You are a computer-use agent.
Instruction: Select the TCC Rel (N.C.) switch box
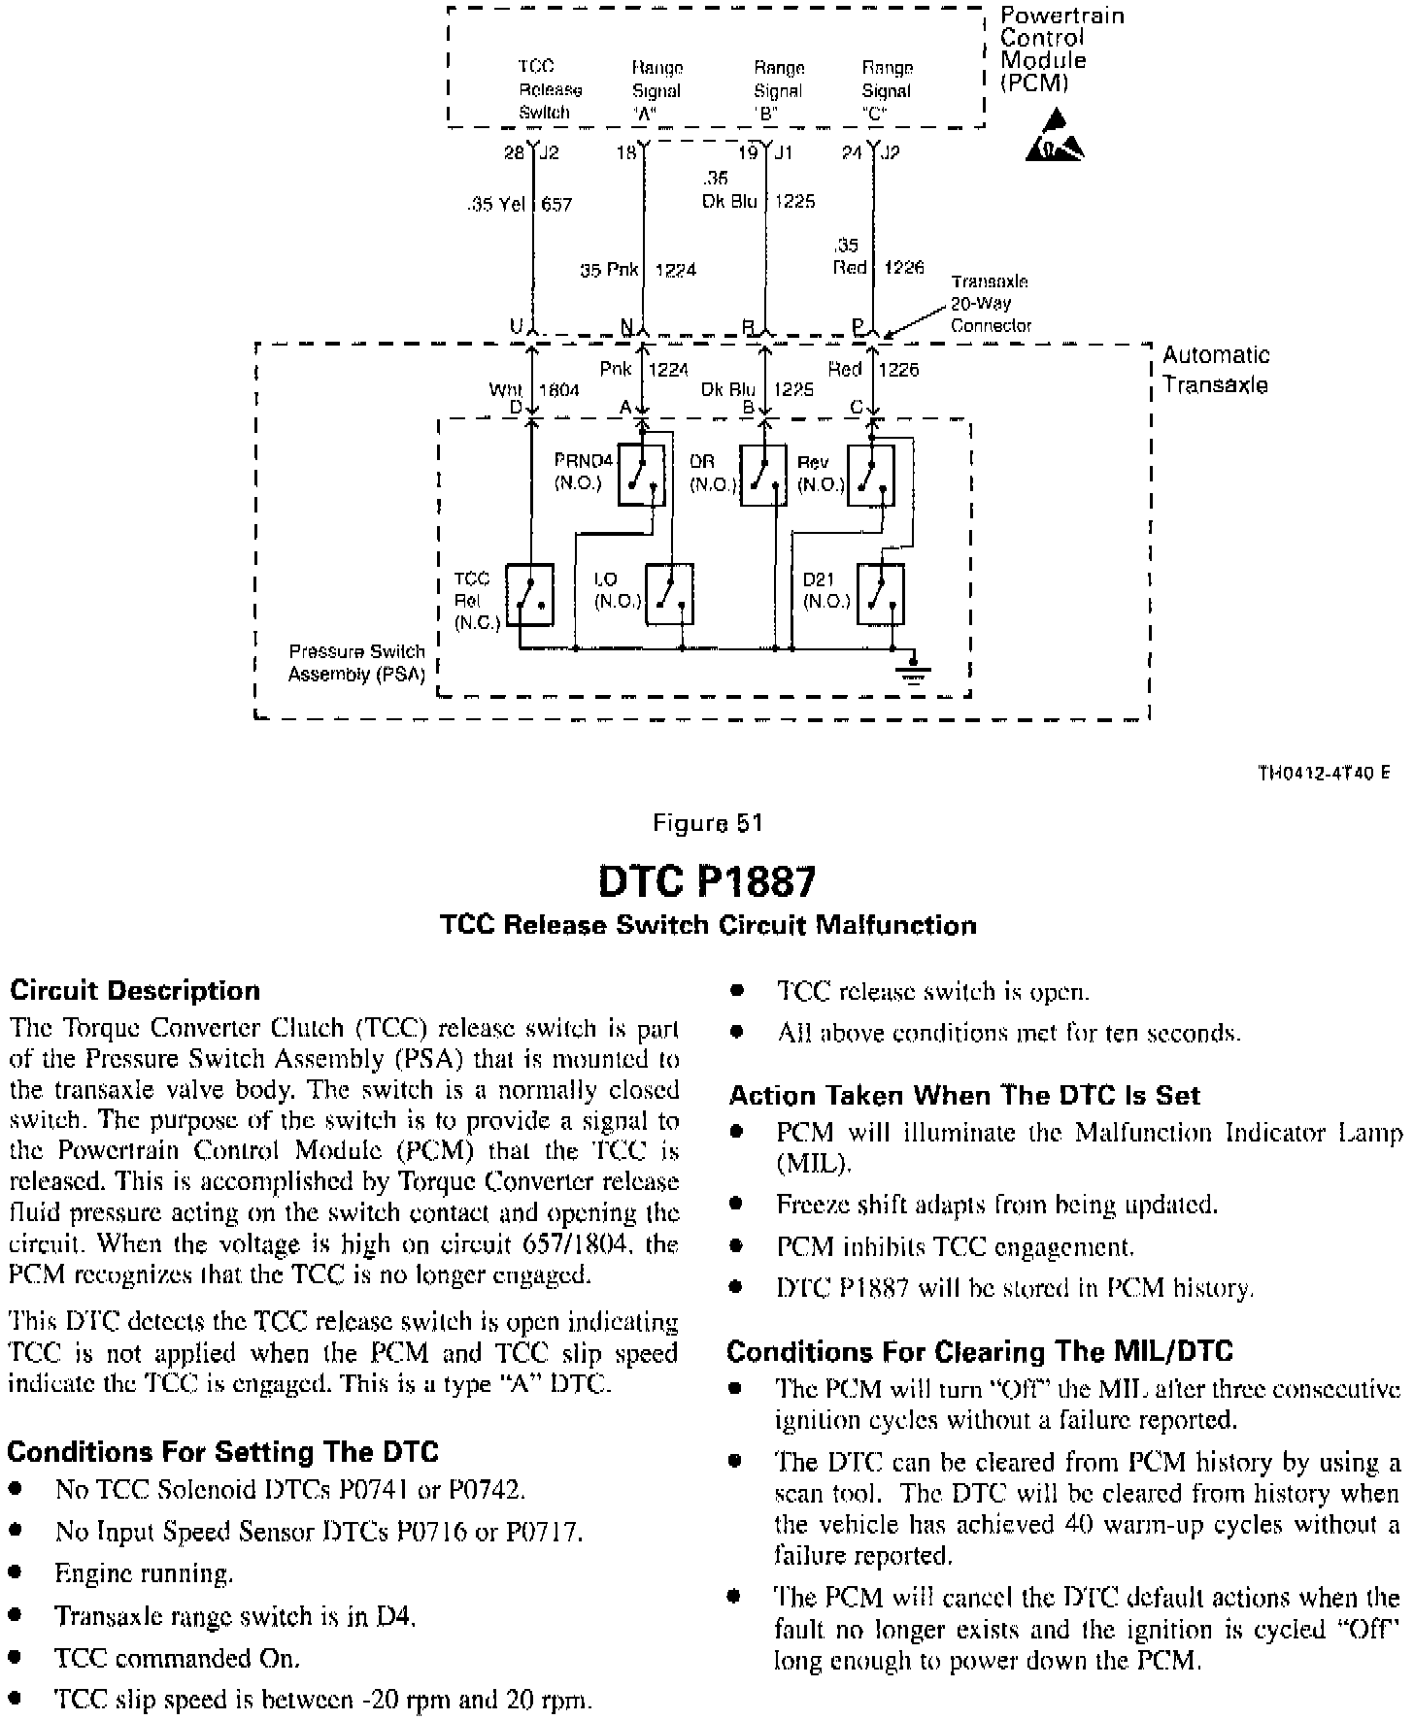[530, 594]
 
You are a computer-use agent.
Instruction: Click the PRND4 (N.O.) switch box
[641, 475]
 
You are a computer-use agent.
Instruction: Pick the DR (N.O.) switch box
[763, 475]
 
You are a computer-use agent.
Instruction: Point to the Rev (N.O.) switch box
[870, 475]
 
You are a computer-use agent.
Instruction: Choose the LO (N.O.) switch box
[668, 594]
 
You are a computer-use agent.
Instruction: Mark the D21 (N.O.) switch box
[880, 594]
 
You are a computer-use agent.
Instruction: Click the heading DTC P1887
[707, 881]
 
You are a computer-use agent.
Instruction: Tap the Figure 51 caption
[708, 823]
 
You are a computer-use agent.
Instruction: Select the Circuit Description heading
[135, 991]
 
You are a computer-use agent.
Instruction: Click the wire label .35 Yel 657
[521, 205]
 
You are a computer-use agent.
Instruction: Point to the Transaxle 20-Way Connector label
[990, 304]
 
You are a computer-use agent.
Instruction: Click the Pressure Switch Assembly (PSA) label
[357, 663]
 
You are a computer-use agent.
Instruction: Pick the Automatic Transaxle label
[1215, 370]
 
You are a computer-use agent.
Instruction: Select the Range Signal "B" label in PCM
[778, 90]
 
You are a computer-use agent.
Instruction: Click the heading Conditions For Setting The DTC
[222, 1452]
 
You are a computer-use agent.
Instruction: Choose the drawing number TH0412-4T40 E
[1323, 773]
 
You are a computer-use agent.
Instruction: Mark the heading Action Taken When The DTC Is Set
[964, 1096]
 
